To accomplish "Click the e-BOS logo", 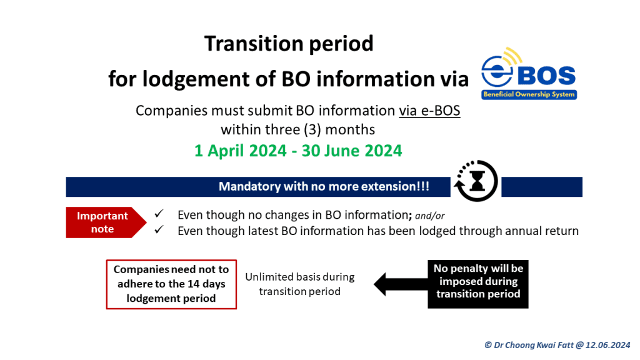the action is pos(529,74).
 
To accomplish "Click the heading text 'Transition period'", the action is pos(289,44).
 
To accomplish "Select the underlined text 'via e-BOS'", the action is pos(429,111).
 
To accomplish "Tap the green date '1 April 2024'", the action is pos(241,151).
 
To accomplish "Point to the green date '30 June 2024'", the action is pos(352,151).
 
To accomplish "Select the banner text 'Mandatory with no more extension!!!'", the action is pos(324,186).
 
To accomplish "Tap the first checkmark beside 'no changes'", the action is pos(159,214).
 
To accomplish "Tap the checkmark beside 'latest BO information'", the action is pos(159,229).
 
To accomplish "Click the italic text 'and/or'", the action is pos(430,216).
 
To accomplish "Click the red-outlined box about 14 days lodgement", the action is pos(171,284).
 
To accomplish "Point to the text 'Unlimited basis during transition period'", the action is pos(300,284).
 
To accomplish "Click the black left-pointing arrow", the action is pos(401,284).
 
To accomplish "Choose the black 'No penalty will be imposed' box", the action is pos(478,284).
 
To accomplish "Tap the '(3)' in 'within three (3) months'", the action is pos(312,130).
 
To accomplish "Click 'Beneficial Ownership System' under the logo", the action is pos(529,95).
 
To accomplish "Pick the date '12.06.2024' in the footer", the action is pos(607,345).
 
